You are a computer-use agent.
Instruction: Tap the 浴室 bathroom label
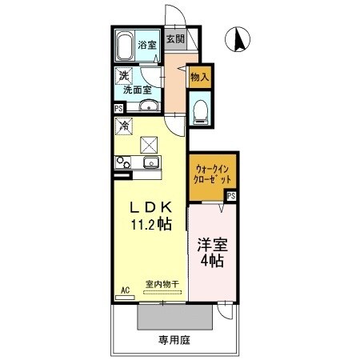pos(147,45)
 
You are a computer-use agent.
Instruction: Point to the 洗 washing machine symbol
pos(123,76)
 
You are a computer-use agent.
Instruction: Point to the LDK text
pos(149,207)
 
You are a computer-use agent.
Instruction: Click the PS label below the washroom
pos(118,108)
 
